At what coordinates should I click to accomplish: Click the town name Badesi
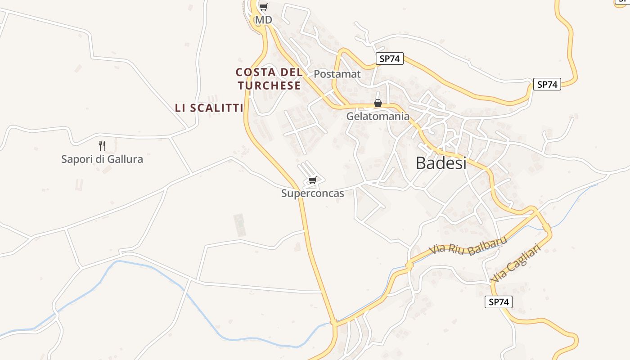(441, 163)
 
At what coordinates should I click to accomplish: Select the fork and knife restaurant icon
(102, 145)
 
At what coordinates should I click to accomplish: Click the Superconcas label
(312, 193)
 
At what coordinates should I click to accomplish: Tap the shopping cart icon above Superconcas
(312, 180)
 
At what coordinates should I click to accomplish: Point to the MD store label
(263, 20)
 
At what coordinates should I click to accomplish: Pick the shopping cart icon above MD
(263, 7)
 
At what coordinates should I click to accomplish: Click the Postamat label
(337, 74)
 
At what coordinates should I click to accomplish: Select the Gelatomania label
(378, 117)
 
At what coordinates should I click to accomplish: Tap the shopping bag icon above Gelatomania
(378, 103)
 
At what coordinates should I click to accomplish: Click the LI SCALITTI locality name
(209, 108)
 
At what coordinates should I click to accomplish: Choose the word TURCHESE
(269, 85)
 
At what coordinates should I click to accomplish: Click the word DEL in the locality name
(292, 72)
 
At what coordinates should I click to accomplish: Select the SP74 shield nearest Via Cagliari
(498, 302)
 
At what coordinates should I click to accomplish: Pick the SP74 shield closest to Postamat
(389, 58)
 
